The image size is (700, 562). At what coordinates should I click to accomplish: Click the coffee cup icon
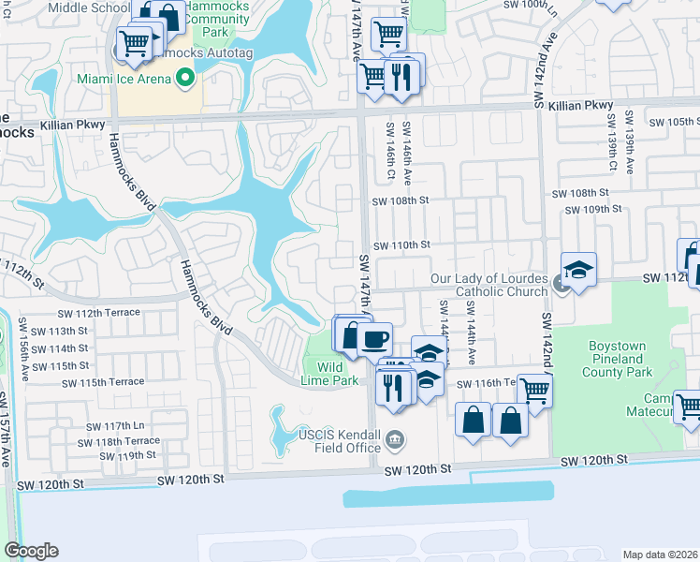375,338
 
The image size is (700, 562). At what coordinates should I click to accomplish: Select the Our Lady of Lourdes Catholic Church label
489,286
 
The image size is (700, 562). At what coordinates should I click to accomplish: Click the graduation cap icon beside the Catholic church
578,270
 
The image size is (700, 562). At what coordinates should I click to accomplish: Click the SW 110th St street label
401,245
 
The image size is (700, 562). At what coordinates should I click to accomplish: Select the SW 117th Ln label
111,426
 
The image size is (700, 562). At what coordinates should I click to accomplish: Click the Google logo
31,551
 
